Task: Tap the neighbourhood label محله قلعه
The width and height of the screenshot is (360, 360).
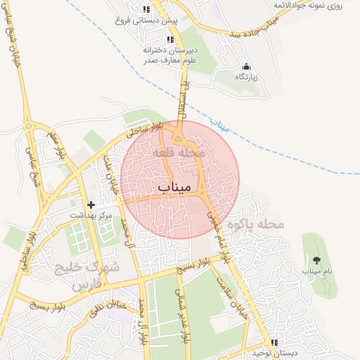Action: point(181,151)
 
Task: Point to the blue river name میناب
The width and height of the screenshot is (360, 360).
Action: point(221,127)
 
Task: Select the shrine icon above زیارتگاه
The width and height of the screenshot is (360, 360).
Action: point(245,67)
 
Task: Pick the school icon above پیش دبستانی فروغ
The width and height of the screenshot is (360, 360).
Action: point(146,10)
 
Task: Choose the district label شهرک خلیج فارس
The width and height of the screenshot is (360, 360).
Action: point(86,275)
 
